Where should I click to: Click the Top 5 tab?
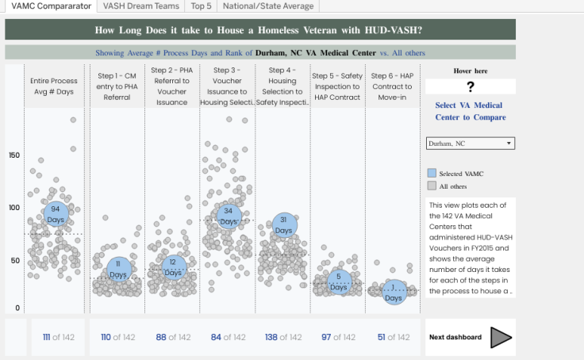click(201, 6)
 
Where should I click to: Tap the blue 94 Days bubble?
click(55, 213)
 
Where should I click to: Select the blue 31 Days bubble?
click(283, 224)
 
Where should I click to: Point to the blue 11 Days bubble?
click(118, 269)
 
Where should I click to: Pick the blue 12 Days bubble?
click(172, 267)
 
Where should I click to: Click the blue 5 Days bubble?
click(339, 281)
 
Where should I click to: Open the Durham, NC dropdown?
click(470, 144)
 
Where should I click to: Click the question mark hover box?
click(470, 87)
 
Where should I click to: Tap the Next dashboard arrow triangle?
click(501, 337)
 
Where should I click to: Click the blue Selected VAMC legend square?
click(432, 173)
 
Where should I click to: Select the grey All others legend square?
click(432, 186)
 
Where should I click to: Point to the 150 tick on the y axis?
click(13, 155)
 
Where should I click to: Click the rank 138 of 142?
click(283, 337)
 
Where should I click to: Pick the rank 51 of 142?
click(393, 337)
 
